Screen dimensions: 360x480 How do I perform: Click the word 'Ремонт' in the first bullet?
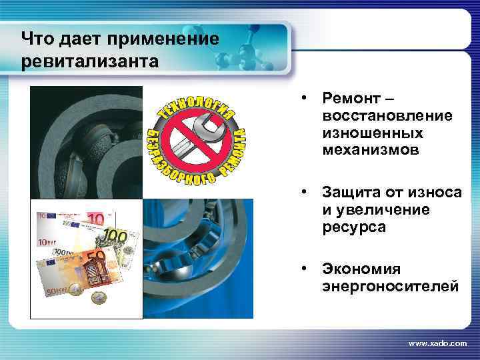tap(349, 99)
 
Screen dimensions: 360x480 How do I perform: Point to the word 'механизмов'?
tap(371, 151)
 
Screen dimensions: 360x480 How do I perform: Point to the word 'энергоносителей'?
tap(390, 287)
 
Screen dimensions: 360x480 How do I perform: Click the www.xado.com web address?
tap(437, 343)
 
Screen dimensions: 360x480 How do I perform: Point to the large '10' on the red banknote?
tap(96, 219)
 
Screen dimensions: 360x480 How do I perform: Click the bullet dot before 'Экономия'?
tap(303, 269)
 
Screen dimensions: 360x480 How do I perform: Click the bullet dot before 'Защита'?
tap(303, 193)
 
